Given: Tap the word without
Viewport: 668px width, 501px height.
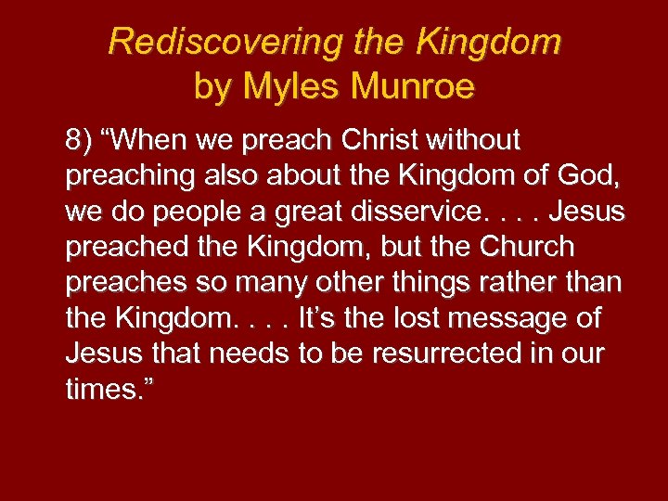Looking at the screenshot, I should coord(479,141).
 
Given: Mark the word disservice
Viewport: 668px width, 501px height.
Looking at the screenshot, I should coord(415,212).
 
